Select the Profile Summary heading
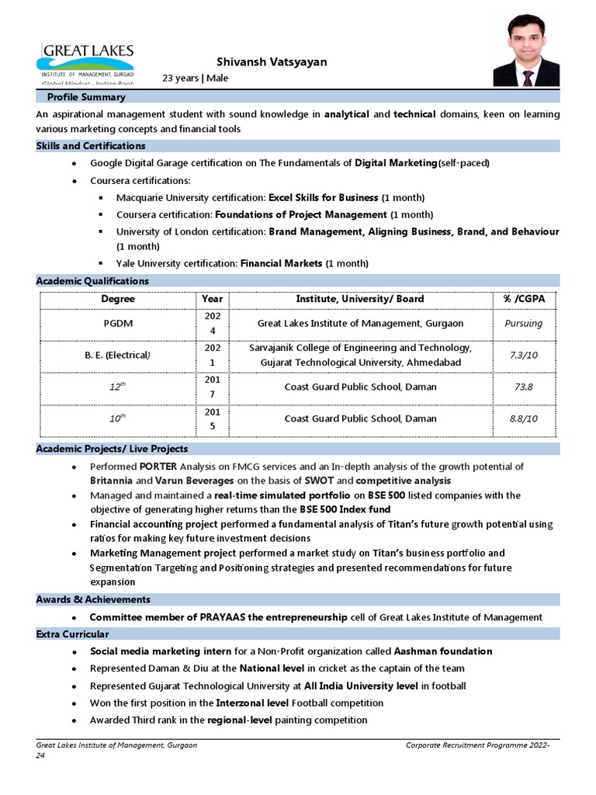click(x=86, y=98)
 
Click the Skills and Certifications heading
click(x=91, y=146)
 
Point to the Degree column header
click(x=118, y=299)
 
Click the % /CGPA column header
click(x=518, y=299)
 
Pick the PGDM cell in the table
click(x=118, y=323)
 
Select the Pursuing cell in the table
click(x=522, y=323)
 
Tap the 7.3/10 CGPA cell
click(x=524, y=355)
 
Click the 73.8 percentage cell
click(x=523, y=387)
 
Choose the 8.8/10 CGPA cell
click(x=523, y=418)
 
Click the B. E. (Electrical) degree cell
click(x=117, y=355)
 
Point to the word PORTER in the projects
click(x=159, y=467)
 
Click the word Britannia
click(x=115, y=481)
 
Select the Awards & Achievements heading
click(x=93, y=599)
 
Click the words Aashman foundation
click(x=443, y=651)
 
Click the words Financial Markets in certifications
click(x=281, y=263)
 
